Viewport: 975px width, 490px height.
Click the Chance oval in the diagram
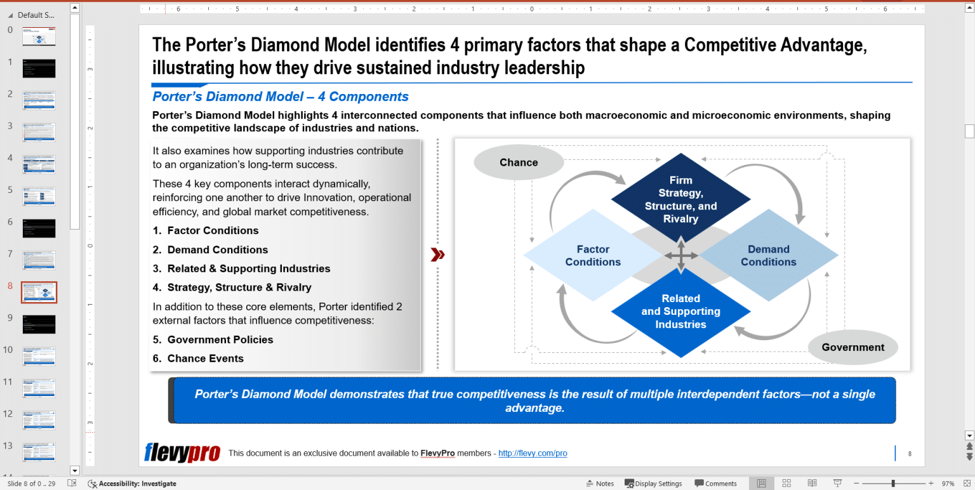pos(519,162)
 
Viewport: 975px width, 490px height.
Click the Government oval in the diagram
pos(852,347)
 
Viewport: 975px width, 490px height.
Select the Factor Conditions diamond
pos(593,256)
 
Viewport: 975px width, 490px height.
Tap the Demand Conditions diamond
pos(768,256)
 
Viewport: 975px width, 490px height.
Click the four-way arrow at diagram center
pos(681,256)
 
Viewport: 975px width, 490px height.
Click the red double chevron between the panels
pos(437,255)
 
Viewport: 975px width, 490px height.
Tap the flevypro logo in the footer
pos(182,453)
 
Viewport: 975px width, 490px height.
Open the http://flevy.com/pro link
pos(533,453)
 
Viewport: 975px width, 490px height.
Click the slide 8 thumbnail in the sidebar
pos(39,292)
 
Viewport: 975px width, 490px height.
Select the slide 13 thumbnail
pos(39,452)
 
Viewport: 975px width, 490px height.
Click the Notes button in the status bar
pos(600,484)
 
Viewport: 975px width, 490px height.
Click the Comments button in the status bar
pos(715,484)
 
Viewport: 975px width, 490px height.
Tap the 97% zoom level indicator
pos(948,484)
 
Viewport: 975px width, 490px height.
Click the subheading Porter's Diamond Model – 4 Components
pos(281,96)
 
